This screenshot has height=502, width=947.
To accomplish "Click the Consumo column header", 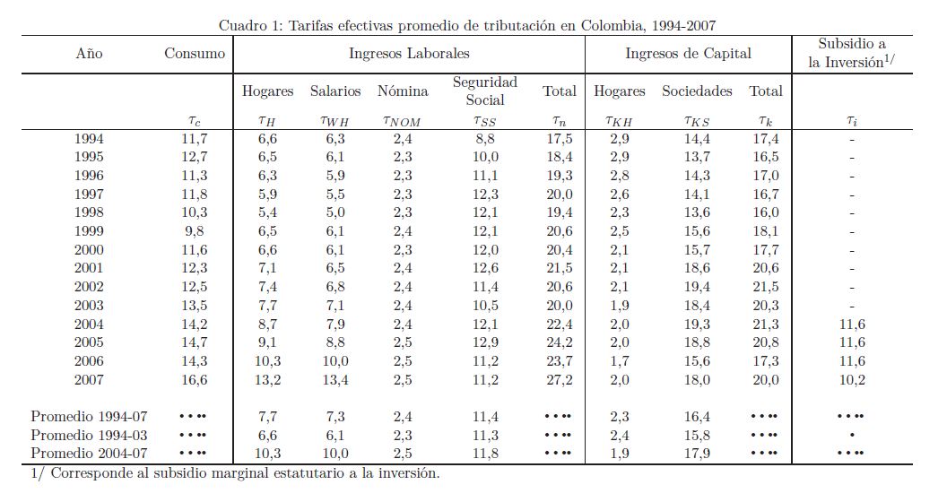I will [x=195, y=54].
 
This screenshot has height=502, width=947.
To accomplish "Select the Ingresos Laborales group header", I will [x=409, y=54].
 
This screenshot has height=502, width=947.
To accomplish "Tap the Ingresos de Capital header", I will [x=688, y=54].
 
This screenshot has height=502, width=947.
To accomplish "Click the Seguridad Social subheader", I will [x=484, y=91].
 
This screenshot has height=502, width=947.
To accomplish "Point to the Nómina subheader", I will [x=403, y=91].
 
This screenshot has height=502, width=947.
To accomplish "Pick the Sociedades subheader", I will [x=697, y=91].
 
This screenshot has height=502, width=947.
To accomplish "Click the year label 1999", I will [x=89, y=231].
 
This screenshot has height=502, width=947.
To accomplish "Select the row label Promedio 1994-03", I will [x=89, y=435].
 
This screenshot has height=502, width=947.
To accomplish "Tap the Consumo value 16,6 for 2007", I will [x=194, y=380].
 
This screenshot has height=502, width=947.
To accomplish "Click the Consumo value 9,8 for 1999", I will [x=194, y=231].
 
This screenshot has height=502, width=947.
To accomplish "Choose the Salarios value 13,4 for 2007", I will [x=335, y=380].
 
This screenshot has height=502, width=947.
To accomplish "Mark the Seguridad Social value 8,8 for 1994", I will [x=484, y=139].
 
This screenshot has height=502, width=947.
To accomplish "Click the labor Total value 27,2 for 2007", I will [x=558, y=380].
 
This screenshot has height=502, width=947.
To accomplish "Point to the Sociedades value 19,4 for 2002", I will [x=697, y=287].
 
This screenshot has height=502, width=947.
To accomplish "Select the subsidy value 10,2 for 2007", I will [x=852, y=380].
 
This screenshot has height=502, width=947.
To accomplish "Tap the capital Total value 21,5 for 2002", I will [x=765, y=287].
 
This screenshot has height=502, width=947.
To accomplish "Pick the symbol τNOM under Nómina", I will [x=401, y=120].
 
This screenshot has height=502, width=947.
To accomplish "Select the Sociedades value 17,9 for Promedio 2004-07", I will [x=697, y=454].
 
